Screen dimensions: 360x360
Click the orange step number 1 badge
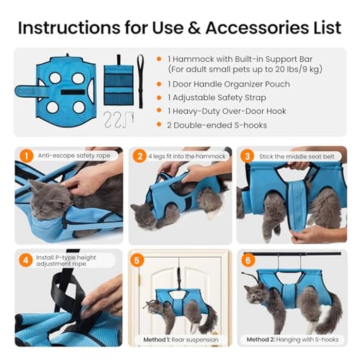[24, 155]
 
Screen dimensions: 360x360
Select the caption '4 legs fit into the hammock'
[186, 155]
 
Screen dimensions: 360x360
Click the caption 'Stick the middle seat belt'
[294, 155]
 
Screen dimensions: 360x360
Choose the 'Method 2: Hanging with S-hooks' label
[292, 339]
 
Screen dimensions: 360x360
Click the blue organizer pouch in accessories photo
[118, 85]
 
